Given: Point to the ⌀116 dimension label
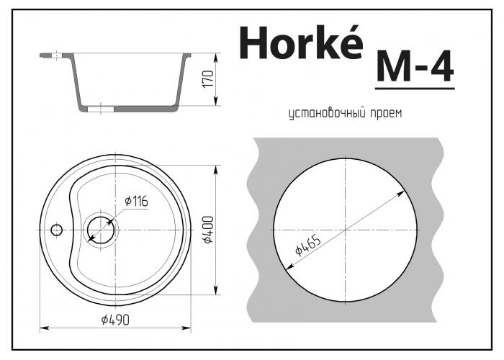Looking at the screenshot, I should (136, 202).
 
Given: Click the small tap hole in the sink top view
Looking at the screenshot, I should (57, 230).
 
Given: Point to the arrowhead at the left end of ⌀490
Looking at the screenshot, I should (42, 328).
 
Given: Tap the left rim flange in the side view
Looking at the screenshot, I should (54, 53).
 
